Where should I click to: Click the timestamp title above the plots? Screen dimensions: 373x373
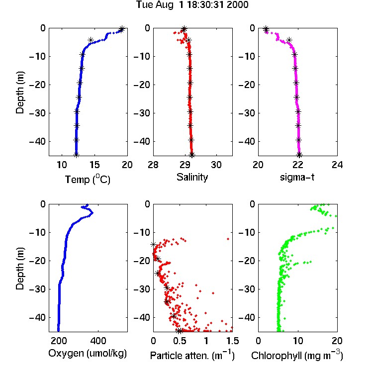point(192,4)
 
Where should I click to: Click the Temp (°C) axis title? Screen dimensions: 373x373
point(88,179)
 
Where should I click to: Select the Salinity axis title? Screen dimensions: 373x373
point(192,177)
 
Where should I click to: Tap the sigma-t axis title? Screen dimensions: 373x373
point(297,177)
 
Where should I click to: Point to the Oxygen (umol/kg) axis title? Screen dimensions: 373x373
point(88,353)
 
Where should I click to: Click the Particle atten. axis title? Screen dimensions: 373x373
point(192,355)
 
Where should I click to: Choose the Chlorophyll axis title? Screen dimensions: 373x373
point(297,355)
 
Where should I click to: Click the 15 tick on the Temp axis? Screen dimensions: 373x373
point(94,165)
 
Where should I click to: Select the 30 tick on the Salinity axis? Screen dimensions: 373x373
point(216,165)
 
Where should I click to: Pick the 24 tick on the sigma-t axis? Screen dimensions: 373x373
point(337,165)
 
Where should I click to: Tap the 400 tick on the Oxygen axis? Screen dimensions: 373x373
point(98,341)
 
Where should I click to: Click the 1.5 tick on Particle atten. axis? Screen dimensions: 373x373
point(232,341)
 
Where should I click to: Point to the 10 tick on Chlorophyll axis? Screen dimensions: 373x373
point(297,341)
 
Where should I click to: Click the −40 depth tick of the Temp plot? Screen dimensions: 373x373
point(37,141)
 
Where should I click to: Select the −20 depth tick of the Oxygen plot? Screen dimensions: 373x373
point(37,261)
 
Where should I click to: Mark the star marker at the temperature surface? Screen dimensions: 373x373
point(121,29)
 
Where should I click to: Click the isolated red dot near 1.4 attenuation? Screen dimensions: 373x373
point(228,239)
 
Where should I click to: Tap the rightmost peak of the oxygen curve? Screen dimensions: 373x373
point(93,213)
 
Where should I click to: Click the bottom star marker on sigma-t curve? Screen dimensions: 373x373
point(299,155)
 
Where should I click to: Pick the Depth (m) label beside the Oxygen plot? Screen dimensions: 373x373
point(20,269)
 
